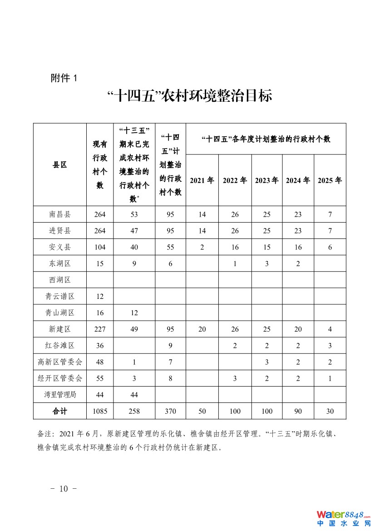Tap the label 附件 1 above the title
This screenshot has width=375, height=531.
(64, 78)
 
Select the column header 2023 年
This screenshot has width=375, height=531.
(266, 180)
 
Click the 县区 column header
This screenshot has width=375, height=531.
(60, 165)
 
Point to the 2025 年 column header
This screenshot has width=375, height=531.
(330, 180)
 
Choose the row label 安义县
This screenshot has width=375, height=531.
(60, 247)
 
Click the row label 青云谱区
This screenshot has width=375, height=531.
(60, 296)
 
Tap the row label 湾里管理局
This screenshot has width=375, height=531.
(60, 395)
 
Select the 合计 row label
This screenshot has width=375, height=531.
(60, 411)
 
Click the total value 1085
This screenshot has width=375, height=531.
(100, 411)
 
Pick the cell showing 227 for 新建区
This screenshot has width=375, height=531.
(100, 329)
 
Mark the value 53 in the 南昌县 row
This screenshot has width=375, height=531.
(134, 214)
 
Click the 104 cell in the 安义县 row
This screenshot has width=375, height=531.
(100, 247)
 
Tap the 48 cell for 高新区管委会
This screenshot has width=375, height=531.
(100, 362)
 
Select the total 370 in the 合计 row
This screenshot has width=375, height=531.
(170, 411)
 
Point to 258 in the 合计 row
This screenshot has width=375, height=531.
(134, 411)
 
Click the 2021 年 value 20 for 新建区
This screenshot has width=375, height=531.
(202, 329)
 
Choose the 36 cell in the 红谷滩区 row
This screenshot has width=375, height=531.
(100, 346)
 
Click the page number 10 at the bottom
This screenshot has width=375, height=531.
(64, 489)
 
